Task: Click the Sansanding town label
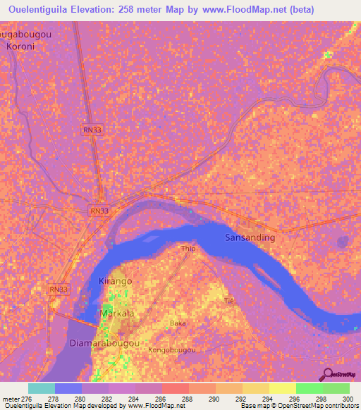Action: click(x=250, y=237)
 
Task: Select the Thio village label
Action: click(x=188, y=249)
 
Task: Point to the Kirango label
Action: click(x=115, y=280)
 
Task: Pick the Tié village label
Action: click(x=228, y=300)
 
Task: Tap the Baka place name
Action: click(x=177, y=323)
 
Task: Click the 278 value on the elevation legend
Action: click(x=53, y=399)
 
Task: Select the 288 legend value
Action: click(x=187, y=399)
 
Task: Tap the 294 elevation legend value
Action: click(x=265, y=399)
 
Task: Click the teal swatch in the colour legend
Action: click(x=42, y=388)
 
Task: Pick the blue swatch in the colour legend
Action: click(x=68, y=388)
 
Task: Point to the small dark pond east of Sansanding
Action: click(x=343, y=242)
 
